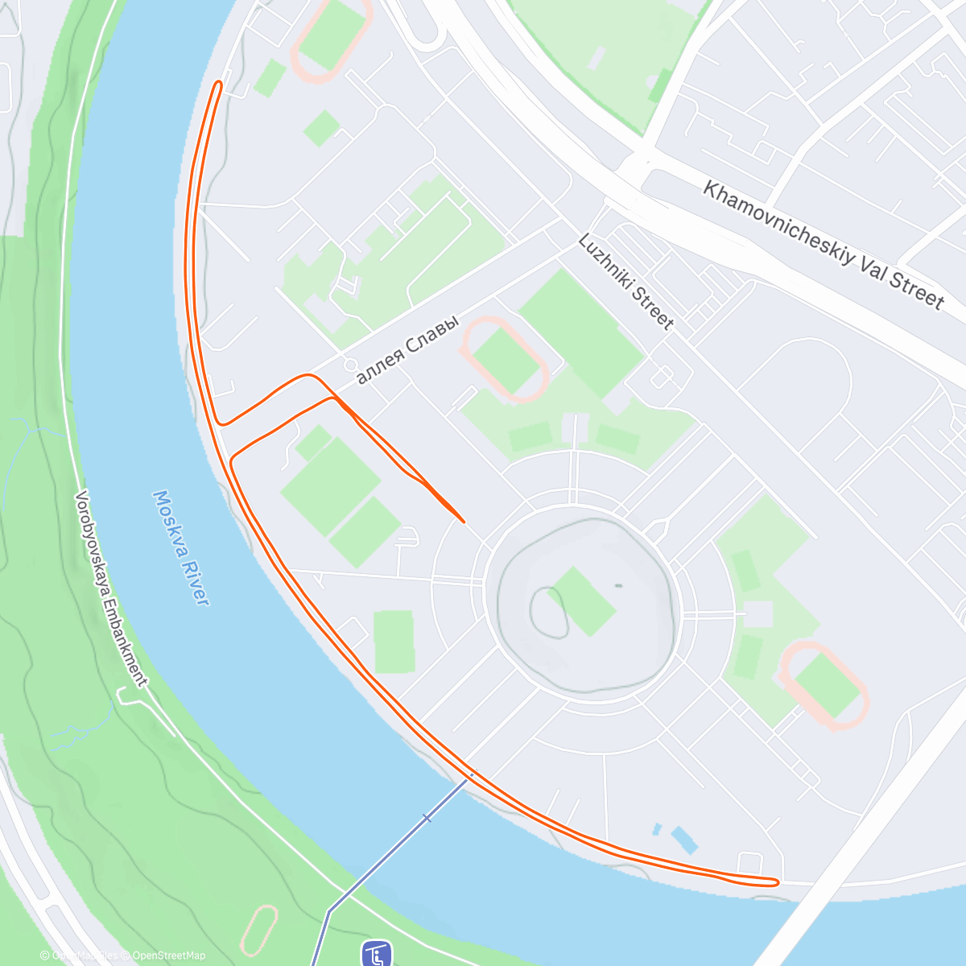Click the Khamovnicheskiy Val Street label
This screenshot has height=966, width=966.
point(823,245)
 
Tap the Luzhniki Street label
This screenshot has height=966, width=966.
point(625,282)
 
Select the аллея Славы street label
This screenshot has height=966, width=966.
point(407,349)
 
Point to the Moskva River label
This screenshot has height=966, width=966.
point(181,547)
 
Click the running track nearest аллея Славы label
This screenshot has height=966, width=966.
point(505,359)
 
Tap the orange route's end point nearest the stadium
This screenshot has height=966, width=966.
point(463,521)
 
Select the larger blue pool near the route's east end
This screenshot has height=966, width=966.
point(683,840)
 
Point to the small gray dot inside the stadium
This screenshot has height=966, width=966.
point(618,585)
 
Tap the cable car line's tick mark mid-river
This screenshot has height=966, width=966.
point(427,818)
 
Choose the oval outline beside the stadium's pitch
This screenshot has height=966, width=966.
point(548,611)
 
